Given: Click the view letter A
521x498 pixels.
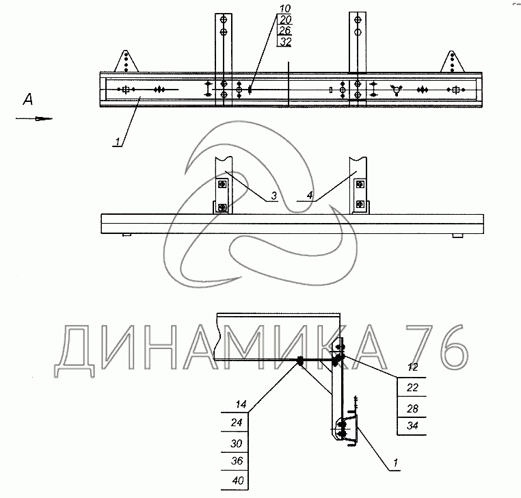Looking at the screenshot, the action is click(28, 99).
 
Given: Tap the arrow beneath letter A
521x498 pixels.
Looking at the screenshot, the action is click(34, 118).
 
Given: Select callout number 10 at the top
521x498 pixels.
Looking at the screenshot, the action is click(285, 8).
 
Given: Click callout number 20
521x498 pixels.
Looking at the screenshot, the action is click(285, 20).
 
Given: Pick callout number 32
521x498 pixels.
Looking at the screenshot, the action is click(285, 42).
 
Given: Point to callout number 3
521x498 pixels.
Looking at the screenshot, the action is click(273, 196).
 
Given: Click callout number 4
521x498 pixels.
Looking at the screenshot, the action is click(310, 195).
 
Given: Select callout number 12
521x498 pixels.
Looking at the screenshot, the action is click(412, 367).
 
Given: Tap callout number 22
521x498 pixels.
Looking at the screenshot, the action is click(412, 387).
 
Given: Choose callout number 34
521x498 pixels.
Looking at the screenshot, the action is click(412, 425).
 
